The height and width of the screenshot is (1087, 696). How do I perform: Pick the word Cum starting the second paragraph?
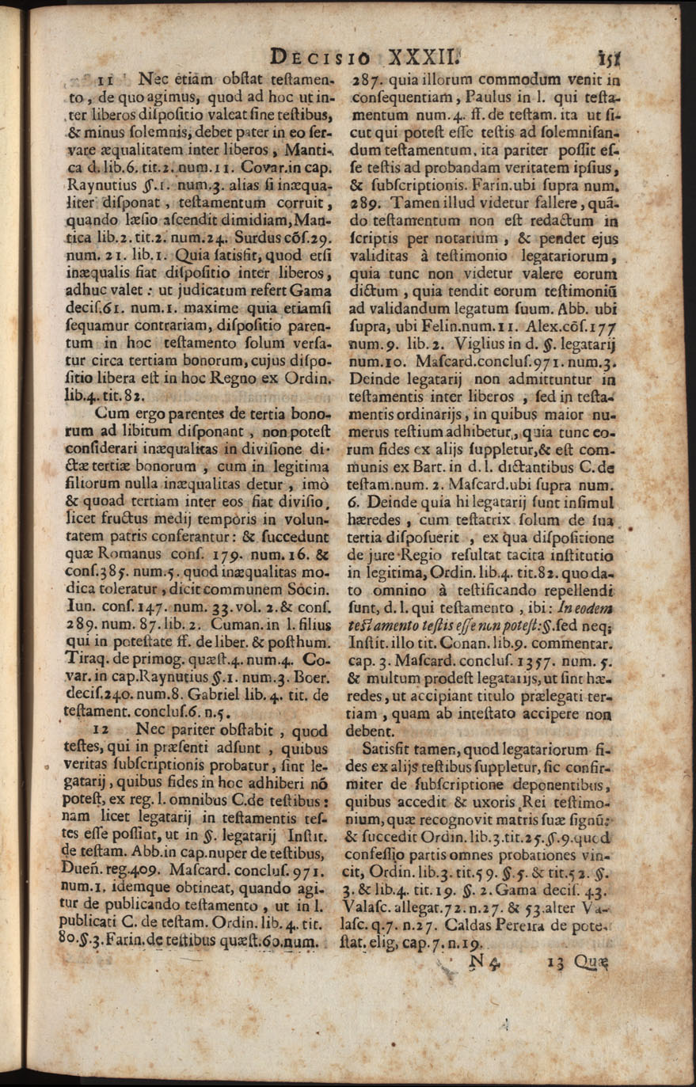click(111, 412)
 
